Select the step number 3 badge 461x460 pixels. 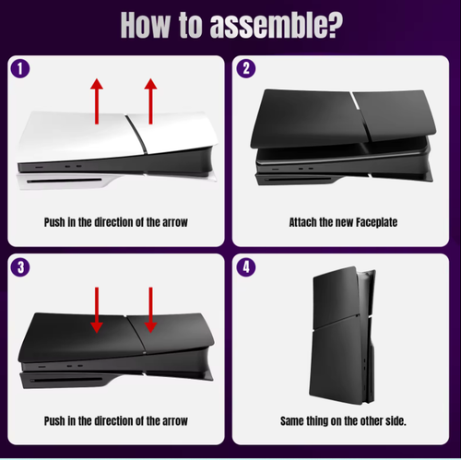coord(20,268)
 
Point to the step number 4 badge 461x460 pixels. coord(246,268)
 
